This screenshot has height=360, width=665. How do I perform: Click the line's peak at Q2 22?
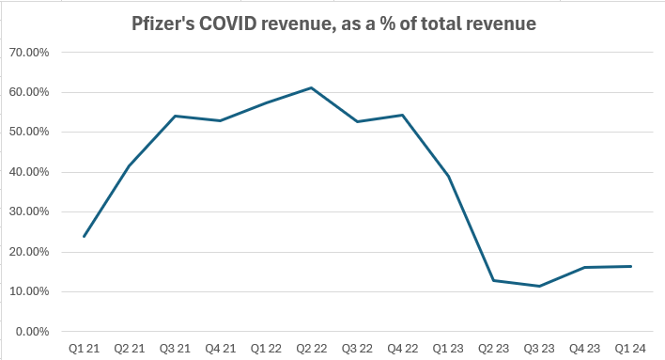point(312,87)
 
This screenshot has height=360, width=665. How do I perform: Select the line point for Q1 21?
point(84,236)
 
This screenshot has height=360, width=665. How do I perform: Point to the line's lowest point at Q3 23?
point(539,286)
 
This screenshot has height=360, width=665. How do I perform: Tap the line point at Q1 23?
point(448,177)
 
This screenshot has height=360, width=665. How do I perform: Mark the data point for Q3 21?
point(175,116)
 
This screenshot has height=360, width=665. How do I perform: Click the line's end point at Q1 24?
point(630,266)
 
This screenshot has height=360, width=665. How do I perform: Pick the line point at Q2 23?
point(494,280)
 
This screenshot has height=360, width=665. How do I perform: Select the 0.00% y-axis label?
point(34,332)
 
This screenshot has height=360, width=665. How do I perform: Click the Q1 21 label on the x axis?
point(84,349)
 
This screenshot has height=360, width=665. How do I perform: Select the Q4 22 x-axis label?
point(402,349)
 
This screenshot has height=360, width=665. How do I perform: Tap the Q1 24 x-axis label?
point(630,349)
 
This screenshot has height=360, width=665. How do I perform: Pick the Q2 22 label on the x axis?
point(312,349)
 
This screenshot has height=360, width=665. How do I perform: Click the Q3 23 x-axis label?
point(539,349)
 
